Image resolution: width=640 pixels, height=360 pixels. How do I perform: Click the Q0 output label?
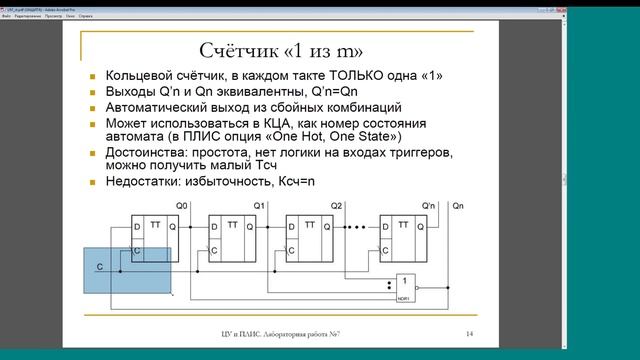181,206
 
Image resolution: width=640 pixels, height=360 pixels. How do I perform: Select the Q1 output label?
258,206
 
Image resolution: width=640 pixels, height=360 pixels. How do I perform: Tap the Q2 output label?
335,206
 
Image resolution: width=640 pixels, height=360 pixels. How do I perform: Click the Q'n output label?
428,206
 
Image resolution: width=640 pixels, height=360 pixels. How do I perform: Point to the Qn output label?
458,206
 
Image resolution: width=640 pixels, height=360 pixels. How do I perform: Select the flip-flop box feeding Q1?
232,239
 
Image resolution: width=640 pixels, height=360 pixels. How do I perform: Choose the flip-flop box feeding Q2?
309,239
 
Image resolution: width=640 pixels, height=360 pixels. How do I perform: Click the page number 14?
468,332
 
